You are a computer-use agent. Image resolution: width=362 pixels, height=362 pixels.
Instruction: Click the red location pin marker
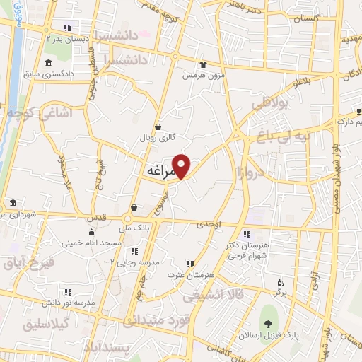click(x=182, y=165)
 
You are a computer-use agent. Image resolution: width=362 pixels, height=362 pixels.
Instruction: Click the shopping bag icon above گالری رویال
click(x=158, y=127)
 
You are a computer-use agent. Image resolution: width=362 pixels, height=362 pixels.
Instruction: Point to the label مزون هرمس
click(x=203, y=75)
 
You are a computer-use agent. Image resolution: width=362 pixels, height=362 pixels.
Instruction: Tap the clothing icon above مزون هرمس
click(x=204, y=64)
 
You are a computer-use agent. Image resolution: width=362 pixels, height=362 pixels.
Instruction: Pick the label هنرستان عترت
click(x=182, y=274)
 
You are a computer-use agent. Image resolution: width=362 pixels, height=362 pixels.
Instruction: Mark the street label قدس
click(x=98, y=218)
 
